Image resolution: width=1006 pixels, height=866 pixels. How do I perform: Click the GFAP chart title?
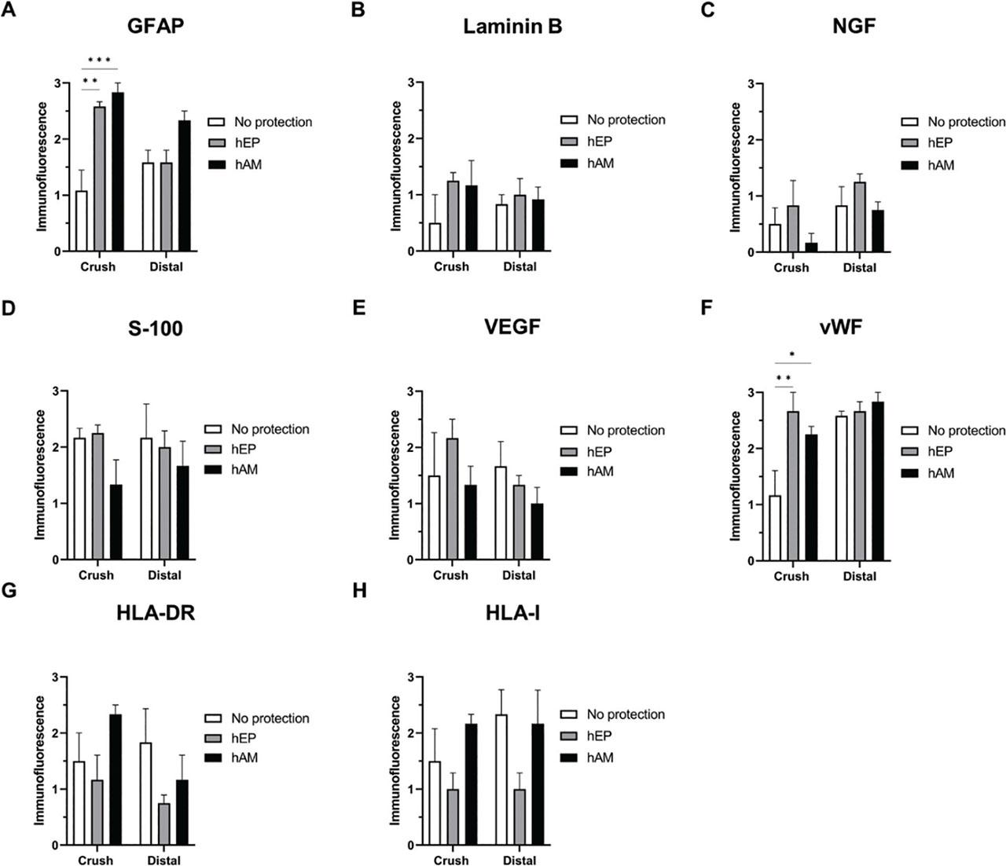pos(156,27)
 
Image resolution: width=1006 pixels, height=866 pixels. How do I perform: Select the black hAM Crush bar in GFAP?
pos(118,172)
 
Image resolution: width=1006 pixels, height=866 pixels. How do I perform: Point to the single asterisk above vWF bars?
pos(792,354)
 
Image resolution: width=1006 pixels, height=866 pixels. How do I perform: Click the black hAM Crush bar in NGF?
pos(810,248)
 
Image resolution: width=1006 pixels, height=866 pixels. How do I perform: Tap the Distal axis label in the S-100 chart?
pos(164,575)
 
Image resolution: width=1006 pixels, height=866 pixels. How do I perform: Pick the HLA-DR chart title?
pos(156,613)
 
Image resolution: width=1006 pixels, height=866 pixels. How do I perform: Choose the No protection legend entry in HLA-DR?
pos(270,718)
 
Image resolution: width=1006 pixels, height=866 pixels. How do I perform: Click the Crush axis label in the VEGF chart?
pos(450,575)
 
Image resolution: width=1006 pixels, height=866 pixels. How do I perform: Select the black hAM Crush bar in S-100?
pos(116,523)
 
